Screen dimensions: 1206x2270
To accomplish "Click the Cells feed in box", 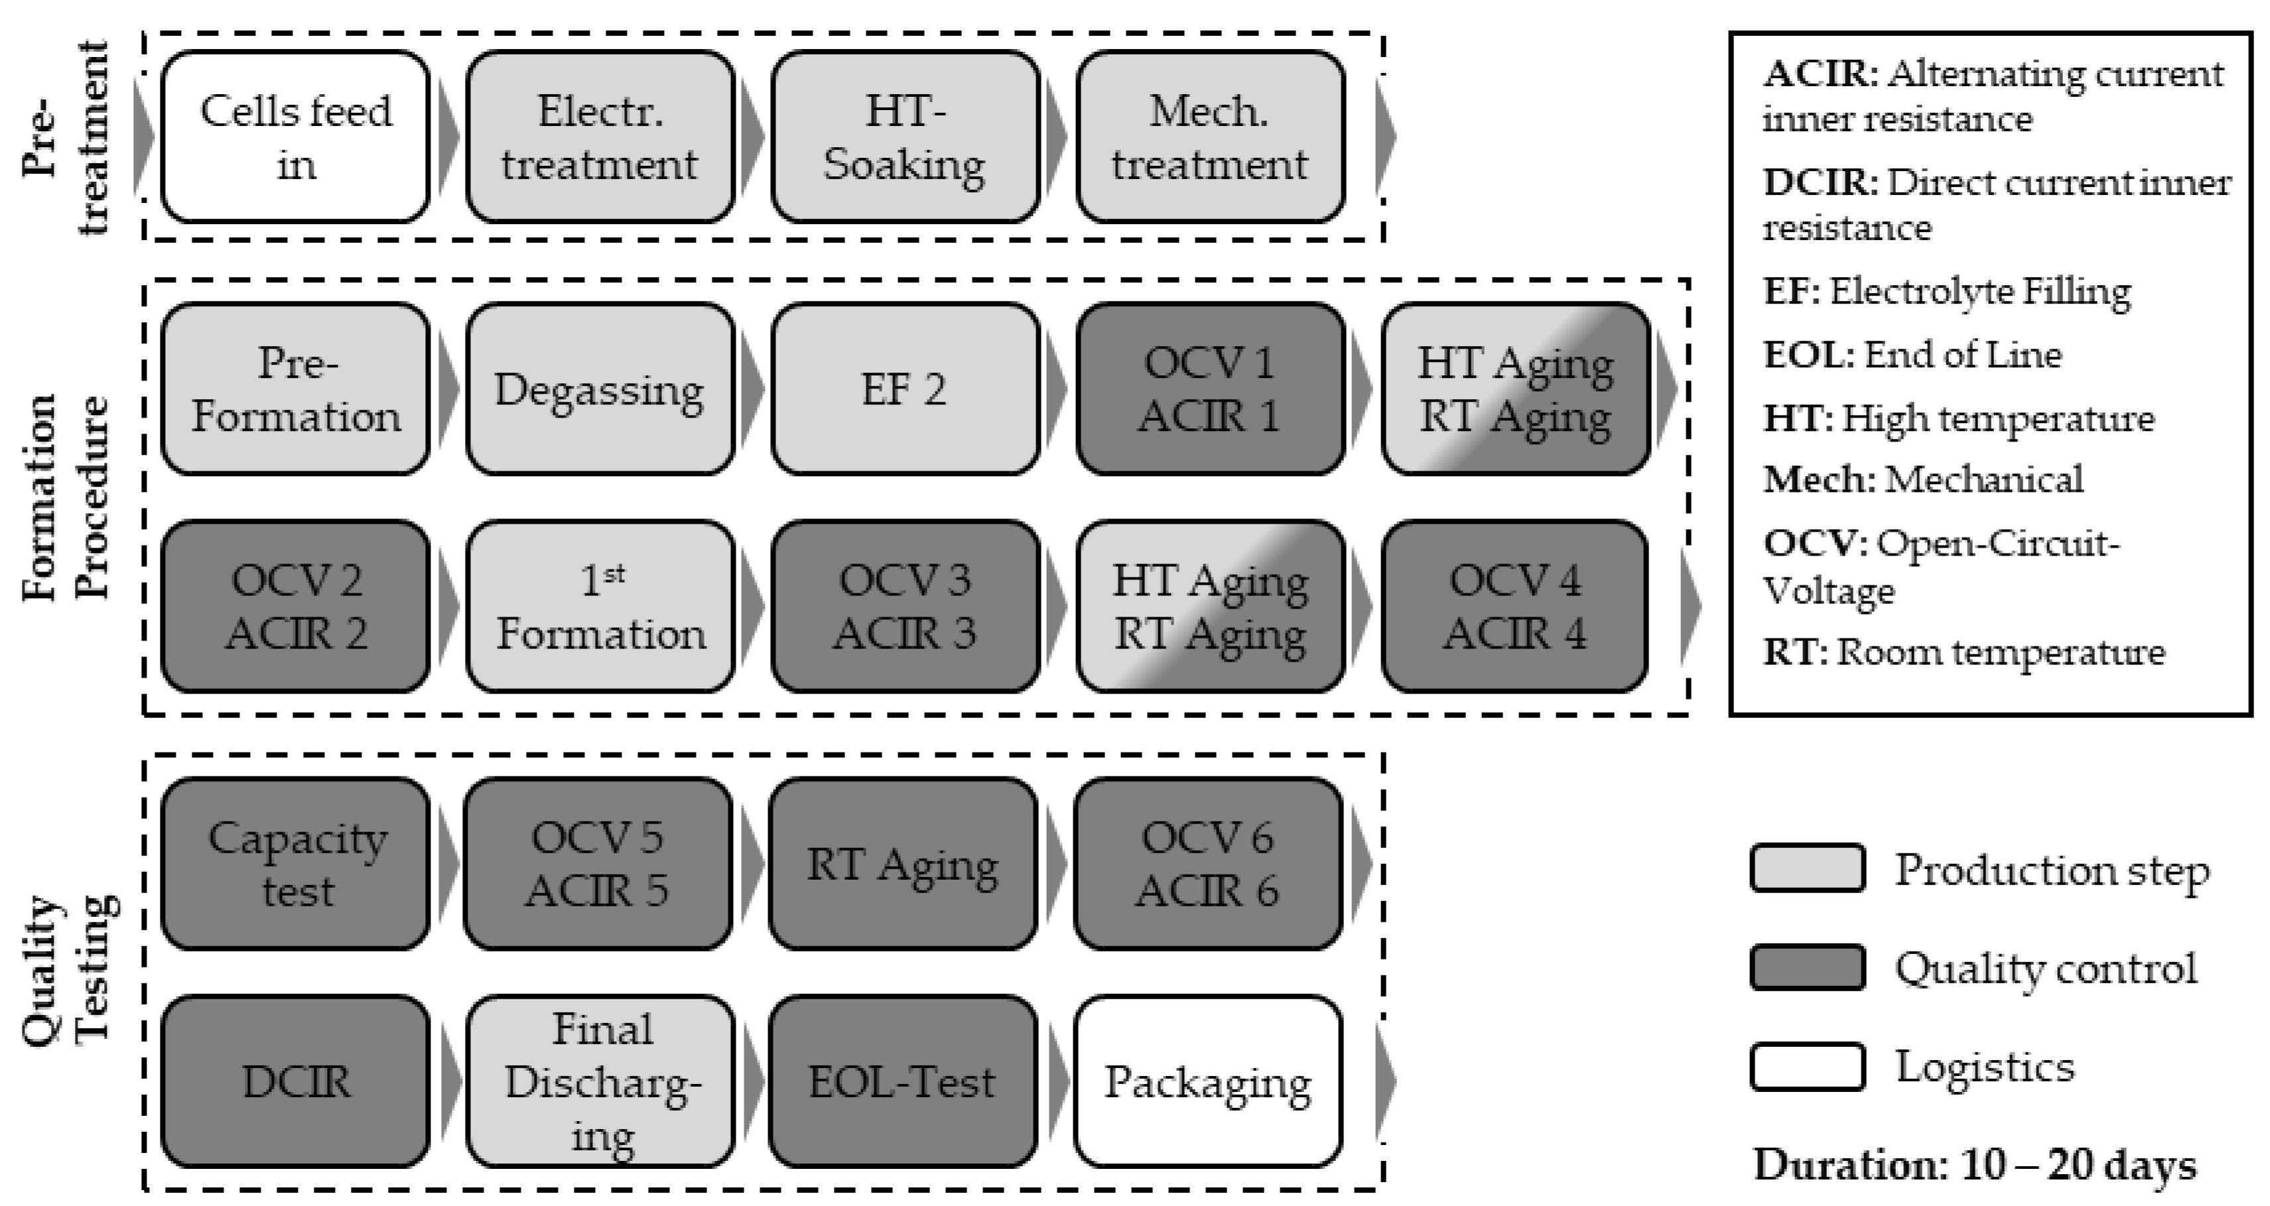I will click(x=295, y=137).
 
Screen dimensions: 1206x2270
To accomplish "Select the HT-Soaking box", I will click(x=905, y=137).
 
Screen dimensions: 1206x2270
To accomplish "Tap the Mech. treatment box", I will click(x=1210, y=137).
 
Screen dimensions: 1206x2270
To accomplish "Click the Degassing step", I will click(x=599, y=389).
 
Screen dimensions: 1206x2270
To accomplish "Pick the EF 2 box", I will click(x=905, y=389).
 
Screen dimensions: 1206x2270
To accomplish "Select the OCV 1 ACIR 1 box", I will click(x=1210, y=389).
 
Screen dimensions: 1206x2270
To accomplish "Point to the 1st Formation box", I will click(x=599, y=606).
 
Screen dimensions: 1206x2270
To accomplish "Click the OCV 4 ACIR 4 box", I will click(x=1514, y=606).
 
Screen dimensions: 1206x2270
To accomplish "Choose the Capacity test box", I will click(x=295, y=863).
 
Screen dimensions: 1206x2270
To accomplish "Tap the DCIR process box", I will click(x=295, y=1081).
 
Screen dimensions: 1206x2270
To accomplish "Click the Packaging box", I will click(x=1207, y=1081).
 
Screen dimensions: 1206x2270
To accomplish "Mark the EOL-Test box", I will click(x=902, y=1081).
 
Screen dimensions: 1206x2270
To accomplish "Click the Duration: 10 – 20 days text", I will click(x=1974, y=1165).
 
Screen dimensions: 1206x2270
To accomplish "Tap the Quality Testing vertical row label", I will click(x=66, y=969).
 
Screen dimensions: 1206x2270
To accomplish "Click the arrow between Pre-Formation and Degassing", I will click(x=448, y=389).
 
